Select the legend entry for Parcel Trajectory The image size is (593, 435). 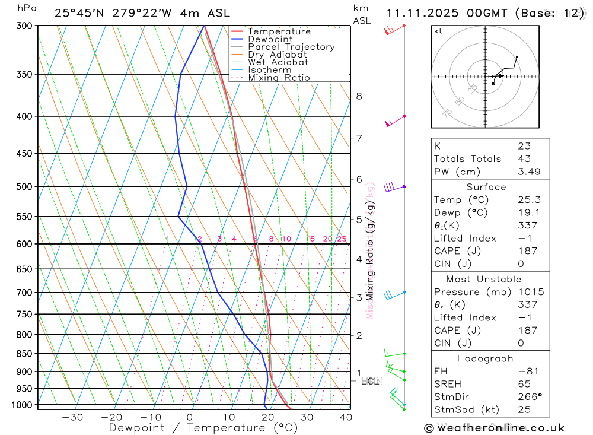tap(291, 47)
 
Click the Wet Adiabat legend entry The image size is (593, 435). tap(278, 62)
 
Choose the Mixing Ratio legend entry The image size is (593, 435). tap(279, 78)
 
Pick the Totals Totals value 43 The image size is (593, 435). tap(524, 159)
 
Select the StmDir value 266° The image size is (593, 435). tap(528, 397)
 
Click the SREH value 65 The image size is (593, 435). tap(524, 384)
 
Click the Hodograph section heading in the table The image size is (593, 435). tap(485, 358)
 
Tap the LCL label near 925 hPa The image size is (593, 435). tap(370, 381)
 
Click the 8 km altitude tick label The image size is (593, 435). tap(359, 96)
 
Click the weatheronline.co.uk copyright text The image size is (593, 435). tap(494, 428)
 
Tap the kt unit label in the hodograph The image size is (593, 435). tap(438, 31)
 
